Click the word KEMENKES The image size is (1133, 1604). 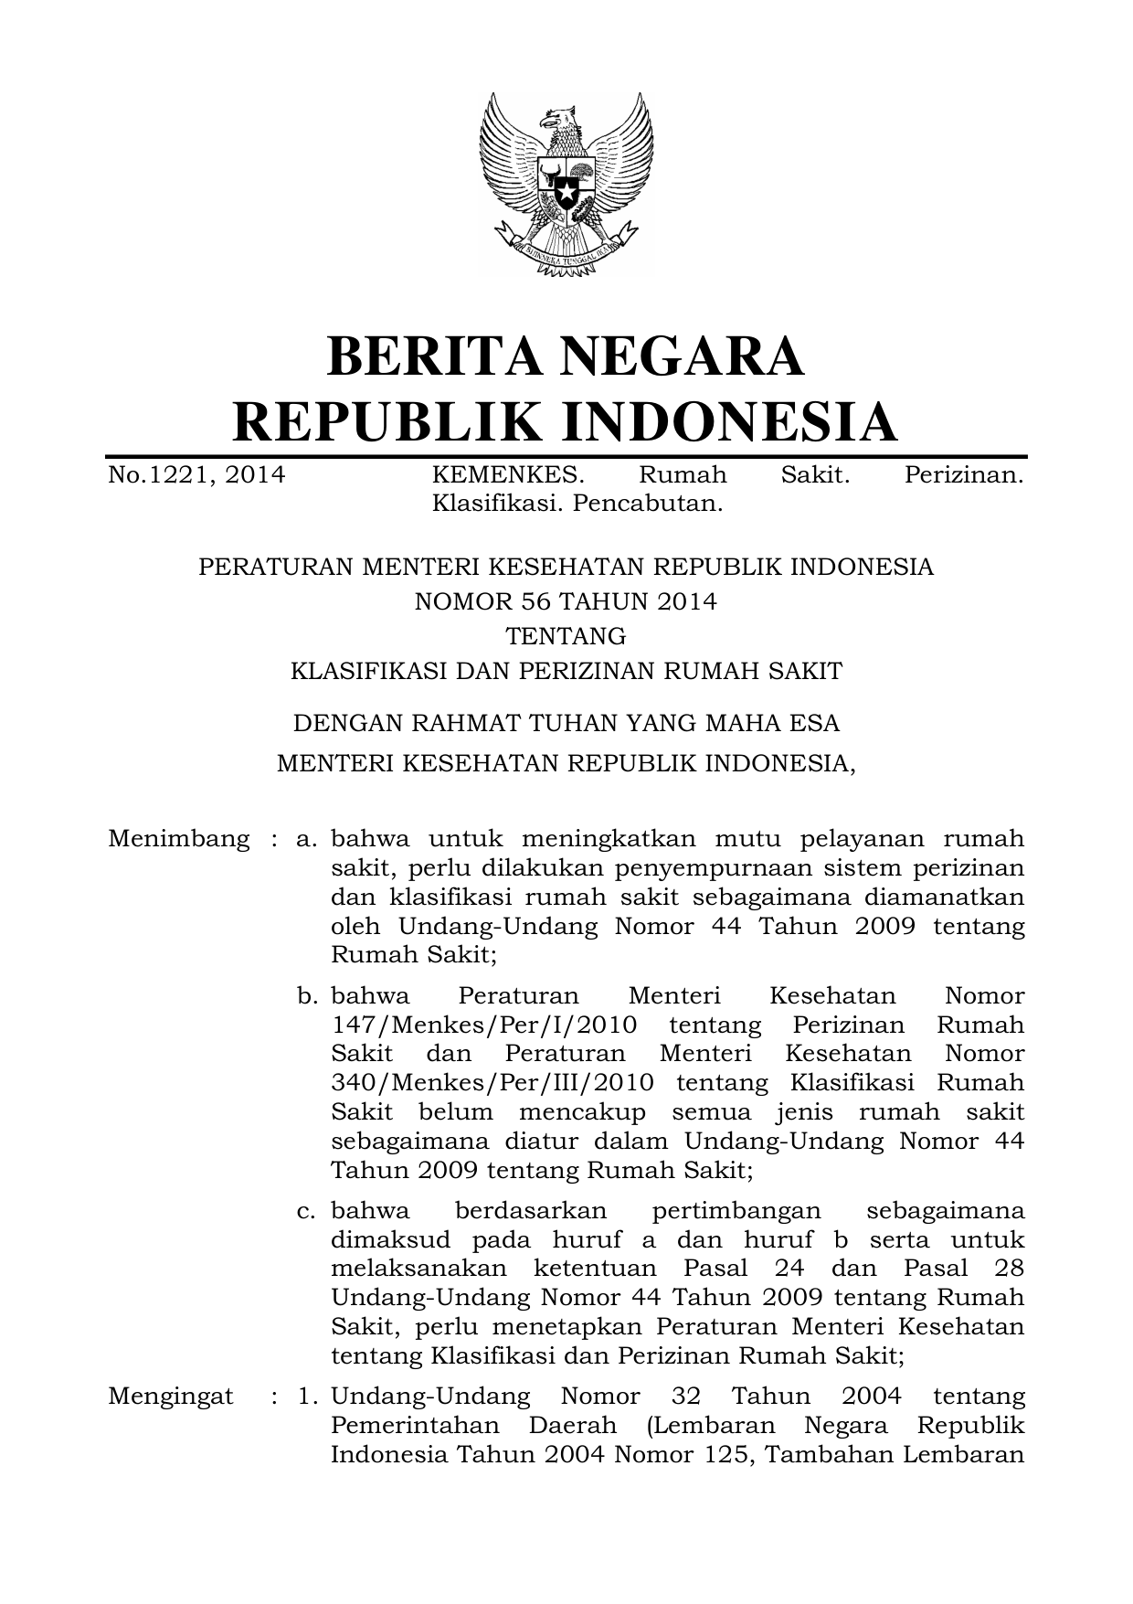pos(506,475)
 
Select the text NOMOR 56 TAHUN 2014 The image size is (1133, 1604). pos(566,601)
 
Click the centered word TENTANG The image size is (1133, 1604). pos(566,635)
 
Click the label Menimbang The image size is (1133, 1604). pos(178,839)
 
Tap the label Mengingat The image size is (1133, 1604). pos(170,1397)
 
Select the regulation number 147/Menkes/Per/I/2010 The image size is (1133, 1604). pos(483,1025)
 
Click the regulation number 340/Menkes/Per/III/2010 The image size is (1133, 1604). pos(492,1083)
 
